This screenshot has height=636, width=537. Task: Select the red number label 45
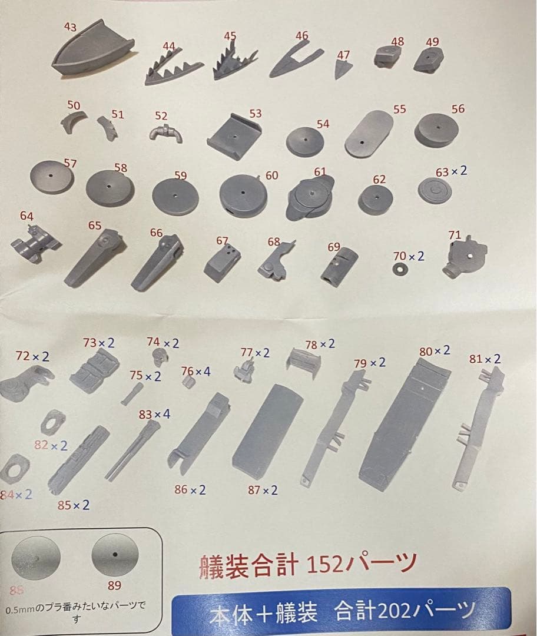pyautogui.click(x=230, y=37)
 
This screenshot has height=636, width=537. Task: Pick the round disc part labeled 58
pyautogui.click(x=110, y=188)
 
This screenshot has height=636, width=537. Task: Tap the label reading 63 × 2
pyautogui.click(x=451, y=171)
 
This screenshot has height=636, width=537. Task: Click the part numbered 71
pyautogui.click(x=465, y=257)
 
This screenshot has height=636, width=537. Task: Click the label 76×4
pyautogui.click(x=195, y=371)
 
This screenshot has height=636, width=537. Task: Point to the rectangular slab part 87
pyautogui.click(x=267, y=430)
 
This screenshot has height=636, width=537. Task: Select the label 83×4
pyautogui.click(x=154, y=415)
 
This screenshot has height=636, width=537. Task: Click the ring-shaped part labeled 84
pyautogui.click(x=15, y=469)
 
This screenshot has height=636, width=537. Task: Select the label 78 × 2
pyautogui.click(x=320, y=344)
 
